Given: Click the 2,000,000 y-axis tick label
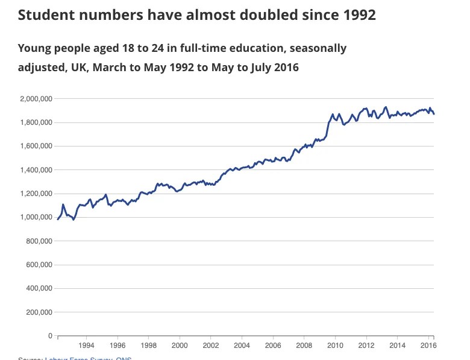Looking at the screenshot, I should coord(37,98).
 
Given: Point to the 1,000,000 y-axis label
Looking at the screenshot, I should coord(37,217).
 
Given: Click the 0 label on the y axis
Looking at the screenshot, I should coord(51,335).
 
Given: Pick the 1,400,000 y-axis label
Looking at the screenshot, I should coord(37,170).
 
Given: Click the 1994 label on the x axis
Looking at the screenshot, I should coord(86,346).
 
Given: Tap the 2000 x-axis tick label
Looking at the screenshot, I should coord(180,346).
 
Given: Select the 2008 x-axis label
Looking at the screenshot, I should coord(304,346).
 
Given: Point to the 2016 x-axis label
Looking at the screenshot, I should coord(428,346).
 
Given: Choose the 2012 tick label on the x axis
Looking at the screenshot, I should coord(366,346).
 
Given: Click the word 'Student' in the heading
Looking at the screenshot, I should coord(43,15).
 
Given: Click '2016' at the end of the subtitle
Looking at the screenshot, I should coord(284,66).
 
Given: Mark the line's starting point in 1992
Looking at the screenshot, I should coord(58,219).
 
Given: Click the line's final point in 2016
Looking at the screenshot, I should coord(434,114).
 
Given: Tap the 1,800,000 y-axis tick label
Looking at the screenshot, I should coord(37,122).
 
